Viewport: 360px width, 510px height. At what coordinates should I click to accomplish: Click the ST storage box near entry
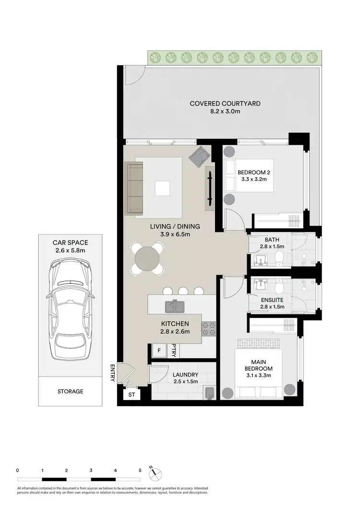[132, 395]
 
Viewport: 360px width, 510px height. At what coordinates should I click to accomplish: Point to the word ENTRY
[112, 372]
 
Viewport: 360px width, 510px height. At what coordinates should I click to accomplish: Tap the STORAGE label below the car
[70, 391]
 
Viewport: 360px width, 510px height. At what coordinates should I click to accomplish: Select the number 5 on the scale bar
[140, 470]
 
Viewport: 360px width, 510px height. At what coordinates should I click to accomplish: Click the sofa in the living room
[134, 188]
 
